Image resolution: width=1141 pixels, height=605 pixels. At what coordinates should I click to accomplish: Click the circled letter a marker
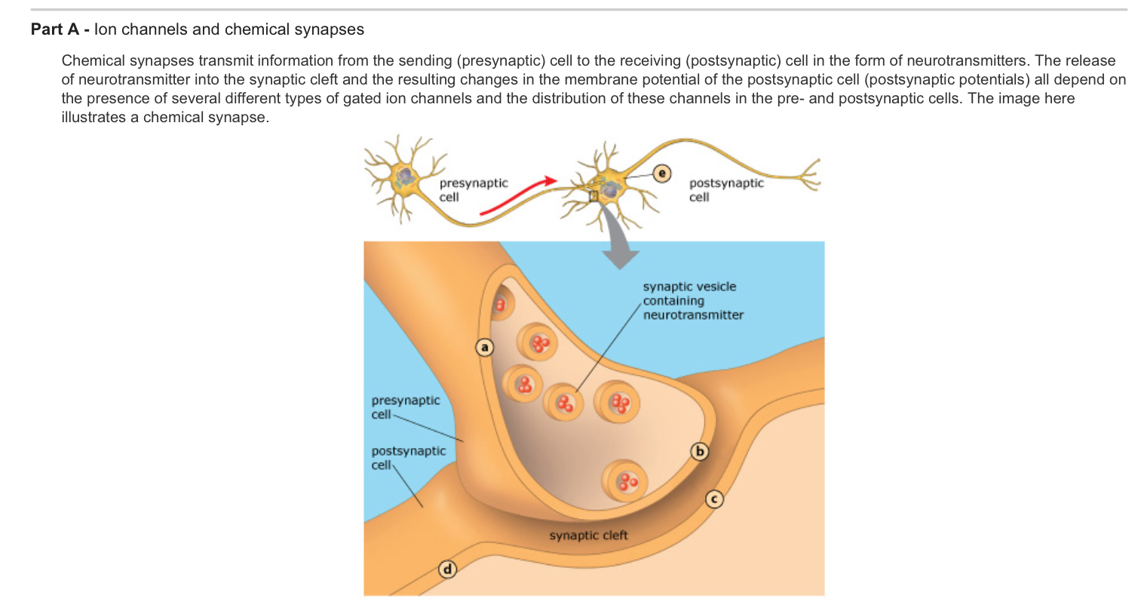485,347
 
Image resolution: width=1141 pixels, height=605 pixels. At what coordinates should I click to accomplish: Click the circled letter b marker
700,452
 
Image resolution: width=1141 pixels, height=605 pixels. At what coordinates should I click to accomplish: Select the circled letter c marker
714,499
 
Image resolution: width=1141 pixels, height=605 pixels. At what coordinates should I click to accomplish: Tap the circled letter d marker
448,570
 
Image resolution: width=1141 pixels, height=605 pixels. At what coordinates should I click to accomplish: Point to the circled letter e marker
661,173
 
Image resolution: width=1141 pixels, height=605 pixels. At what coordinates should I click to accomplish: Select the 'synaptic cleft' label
588,536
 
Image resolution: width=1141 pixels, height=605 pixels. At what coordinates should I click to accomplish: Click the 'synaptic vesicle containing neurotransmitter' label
692,300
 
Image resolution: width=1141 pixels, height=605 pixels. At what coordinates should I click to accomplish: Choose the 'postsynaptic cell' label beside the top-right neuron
725,189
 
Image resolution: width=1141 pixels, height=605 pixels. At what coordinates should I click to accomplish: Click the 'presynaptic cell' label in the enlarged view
405,407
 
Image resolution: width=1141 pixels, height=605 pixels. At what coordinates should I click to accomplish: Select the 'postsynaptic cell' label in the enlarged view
408,457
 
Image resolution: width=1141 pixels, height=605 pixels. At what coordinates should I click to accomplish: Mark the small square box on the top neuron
594,195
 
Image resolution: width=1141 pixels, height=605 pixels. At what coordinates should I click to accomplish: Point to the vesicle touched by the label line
563,402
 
